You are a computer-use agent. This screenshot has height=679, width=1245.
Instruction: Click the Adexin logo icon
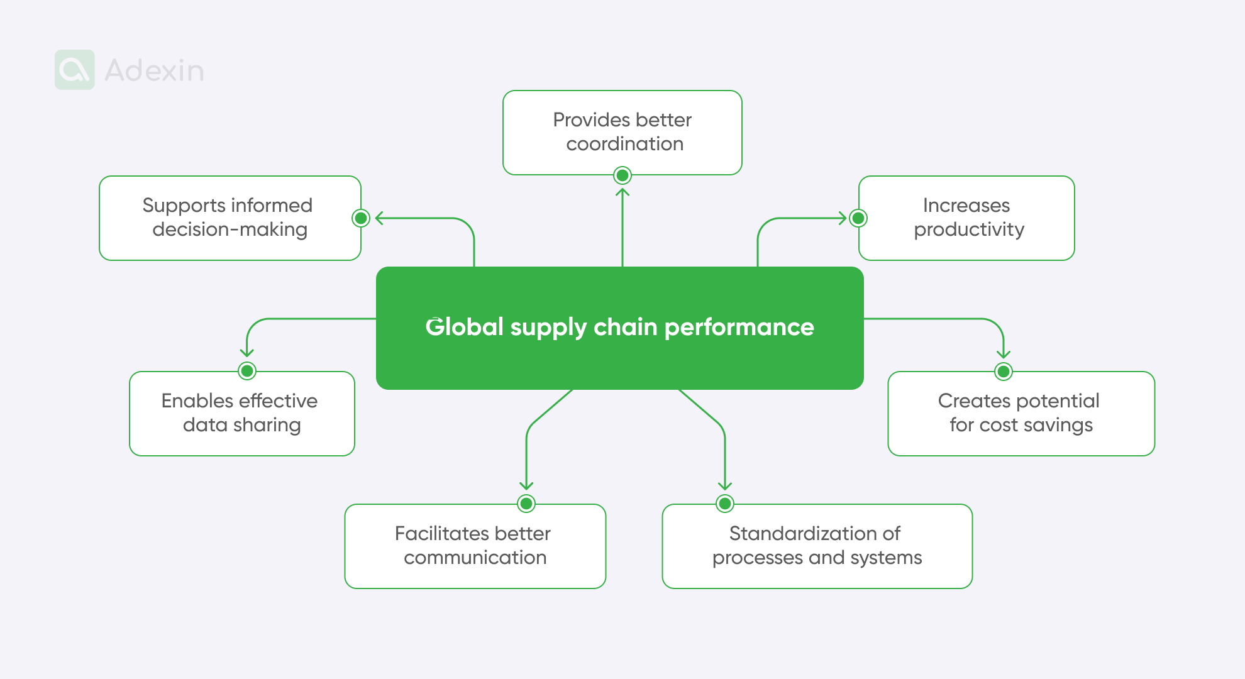click(75, 70)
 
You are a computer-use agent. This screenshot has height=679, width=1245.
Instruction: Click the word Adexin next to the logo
click(154, 70)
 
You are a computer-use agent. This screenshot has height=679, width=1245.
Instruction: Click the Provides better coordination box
click(622, 132)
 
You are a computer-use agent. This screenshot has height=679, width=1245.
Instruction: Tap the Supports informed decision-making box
click(230, 218)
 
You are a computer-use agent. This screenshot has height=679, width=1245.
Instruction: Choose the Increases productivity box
click(966, 218)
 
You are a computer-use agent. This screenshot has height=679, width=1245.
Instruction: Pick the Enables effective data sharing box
click(241, 413)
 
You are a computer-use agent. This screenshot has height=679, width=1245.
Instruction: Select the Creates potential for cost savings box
click(1021, 413)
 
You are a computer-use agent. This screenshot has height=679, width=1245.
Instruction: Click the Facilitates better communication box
click(475, 546)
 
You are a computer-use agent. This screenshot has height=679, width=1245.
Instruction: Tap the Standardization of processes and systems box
click(817, 546)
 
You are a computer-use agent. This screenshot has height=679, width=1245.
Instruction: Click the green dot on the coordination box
click(622, 175)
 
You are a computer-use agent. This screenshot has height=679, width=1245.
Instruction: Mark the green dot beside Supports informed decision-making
click(360, 218)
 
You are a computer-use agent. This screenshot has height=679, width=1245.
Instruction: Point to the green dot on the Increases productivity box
click(858, 218)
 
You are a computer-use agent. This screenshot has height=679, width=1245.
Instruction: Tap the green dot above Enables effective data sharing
click(247, 371)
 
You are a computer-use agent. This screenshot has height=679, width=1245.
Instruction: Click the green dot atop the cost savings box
click(1004, 372)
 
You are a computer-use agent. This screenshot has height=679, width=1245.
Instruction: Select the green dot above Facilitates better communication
click(526, 504)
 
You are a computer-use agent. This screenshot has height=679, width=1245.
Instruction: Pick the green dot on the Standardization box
click(725, 504)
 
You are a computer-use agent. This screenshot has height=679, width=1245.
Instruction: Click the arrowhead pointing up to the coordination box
click(622, 191)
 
